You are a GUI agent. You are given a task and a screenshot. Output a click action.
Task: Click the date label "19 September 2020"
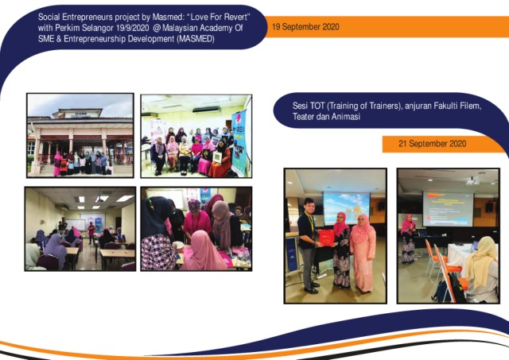coord(305,26)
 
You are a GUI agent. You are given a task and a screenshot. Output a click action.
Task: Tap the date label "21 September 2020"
coord(433,143)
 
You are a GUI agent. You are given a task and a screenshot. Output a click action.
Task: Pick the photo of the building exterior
coord(80,135)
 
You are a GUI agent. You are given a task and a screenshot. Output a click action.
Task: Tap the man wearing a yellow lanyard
coord(308,244)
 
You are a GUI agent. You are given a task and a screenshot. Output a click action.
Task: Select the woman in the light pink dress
coord(363,253)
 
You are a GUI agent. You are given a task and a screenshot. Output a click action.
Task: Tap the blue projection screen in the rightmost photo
coord(448,209)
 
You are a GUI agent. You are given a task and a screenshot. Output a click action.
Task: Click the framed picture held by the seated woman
coord(217,157)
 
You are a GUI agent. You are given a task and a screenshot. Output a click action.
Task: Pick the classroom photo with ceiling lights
coord(80,229)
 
